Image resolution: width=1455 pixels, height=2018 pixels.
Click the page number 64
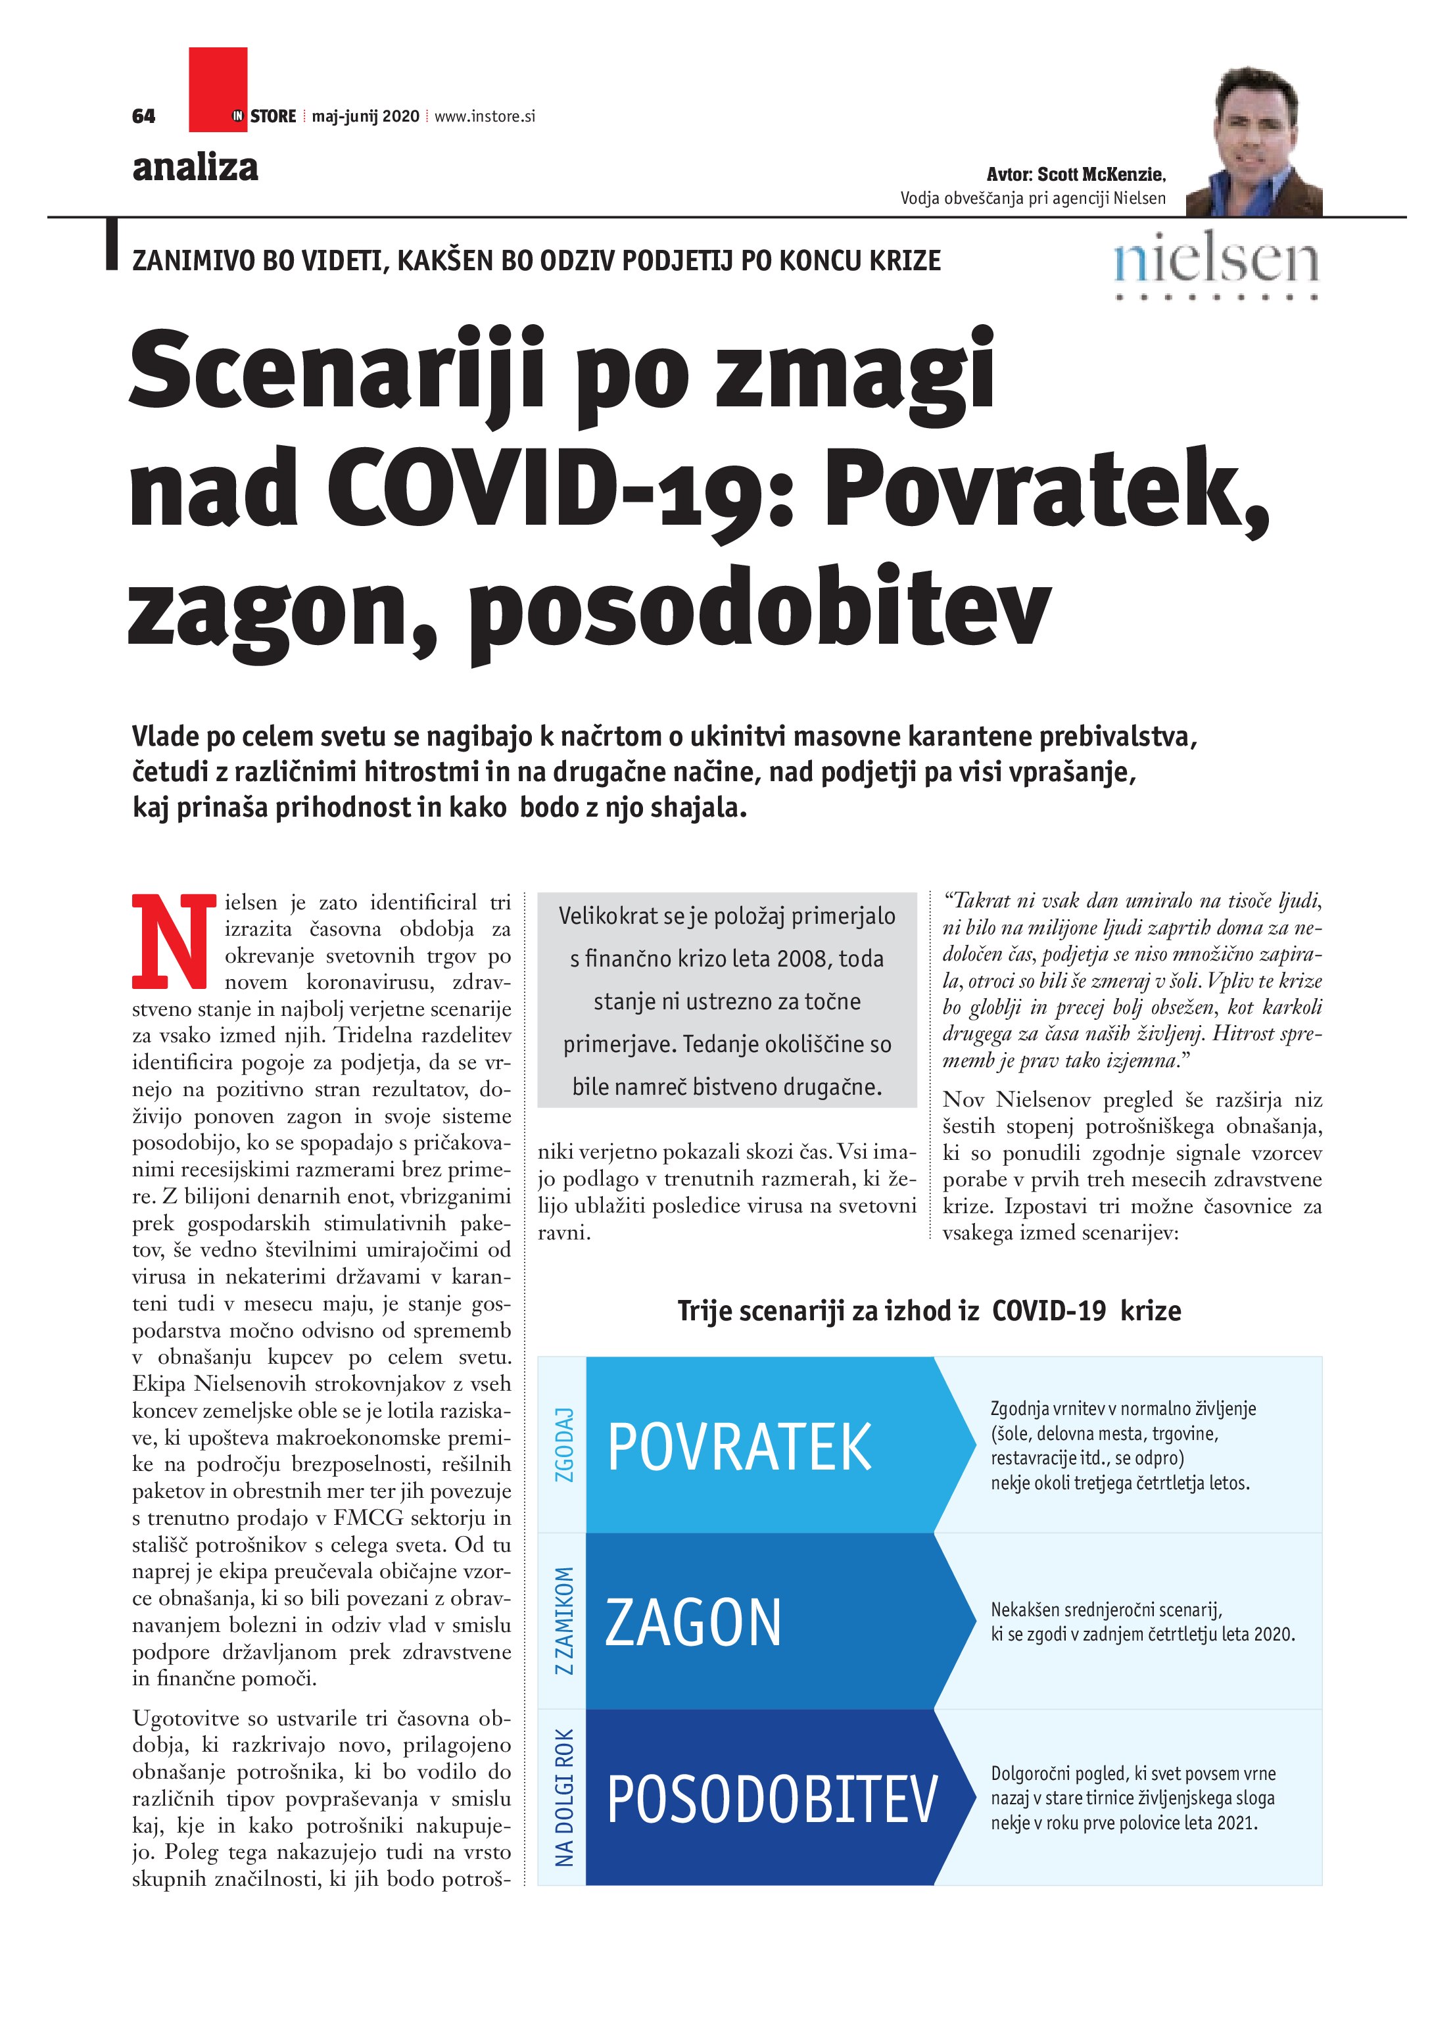pyautogui.click(x=143, y=116)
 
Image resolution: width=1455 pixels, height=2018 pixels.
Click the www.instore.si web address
pyautogui.click(x=485, y=116)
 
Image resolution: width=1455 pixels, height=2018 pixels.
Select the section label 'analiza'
pyautogui.click(x=195, y=166)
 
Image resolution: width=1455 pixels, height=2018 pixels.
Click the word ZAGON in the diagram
pyautogui.click(x=692, y=1622)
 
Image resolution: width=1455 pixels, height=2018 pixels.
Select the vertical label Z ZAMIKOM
pyautogui.click(x=563, y=1620)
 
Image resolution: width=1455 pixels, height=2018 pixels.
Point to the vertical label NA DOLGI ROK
pyautogui.click(x=563, y=1797)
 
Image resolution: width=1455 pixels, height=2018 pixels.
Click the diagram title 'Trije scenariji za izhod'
pyautogui.click(x=828, y=1310)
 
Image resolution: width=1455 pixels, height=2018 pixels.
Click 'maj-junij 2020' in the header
pyautogui.click(x=365, y=116)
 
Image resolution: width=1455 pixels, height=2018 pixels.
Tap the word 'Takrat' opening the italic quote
pyautogui.click(x=979, y=900)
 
